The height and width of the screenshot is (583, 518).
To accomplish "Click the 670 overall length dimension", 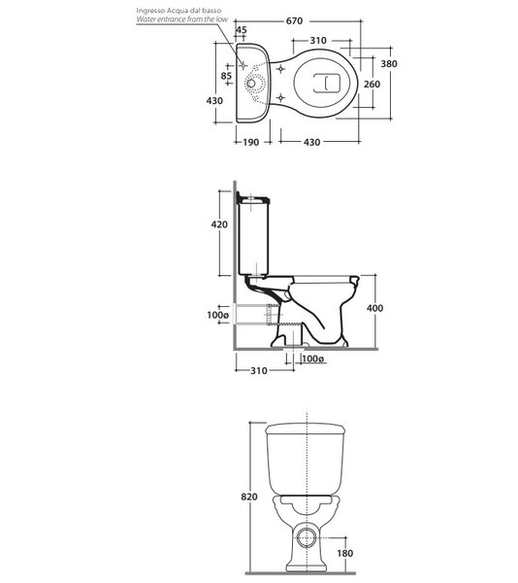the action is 294,20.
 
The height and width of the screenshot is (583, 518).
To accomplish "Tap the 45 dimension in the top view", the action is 242,30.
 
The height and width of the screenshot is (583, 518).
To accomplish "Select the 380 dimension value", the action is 389,64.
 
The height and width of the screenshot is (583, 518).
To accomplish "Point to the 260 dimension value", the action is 372,84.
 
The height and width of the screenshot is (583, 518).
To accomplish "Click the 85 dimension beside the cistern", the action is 226,76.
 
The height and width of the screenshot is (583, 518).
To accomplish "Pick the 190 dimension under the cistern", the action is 251,142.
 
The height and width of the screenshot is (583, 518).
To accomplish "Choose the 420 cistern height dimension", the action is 219,224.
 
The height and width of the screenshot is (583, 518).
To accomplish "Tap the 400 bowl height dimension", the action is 374,308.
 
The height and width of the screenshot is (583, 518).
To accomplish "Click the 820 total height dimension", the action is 249,497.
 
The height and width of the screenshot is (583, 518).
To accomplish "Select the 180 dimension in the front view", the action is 344,553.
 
